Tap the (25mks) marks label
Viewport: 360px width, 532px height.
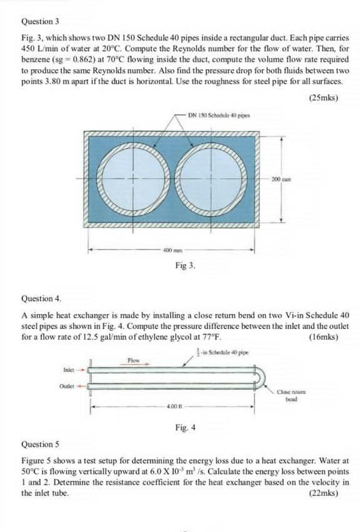pyautogui.click(x=324, y=97)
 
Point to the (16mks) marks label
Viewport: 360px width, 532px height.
pyautogui.click(x=324, y=337)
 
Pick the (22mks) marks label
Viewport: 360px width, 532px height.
pyautogui.click(x=324, y=493)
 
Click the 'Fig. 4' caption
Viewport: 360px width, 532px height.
pyautogui.click(x=186, y=428)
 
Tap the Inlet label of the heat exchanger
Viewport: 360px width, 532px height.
pyautogui.click(x=69, y=369)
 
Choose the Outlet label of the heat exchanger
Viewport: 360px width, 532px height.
pyautogui.click(x=69, y=385)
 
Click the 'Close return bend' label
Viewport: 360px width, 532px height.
pyautogui.click(x=287, y=395)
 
